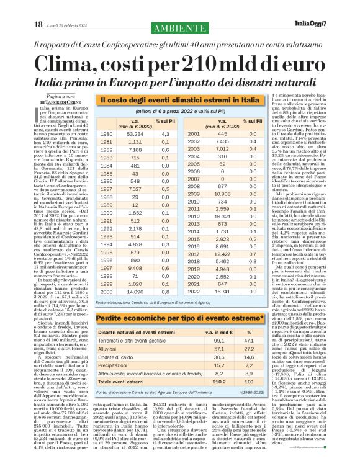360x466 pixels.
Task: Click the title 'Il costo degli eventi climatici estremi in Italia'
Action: tap(180, 100)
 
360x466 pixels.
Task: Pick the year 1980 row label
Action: tap(107, 134)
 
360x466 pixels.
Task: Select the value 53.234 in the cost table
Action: tap(135, 134)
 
